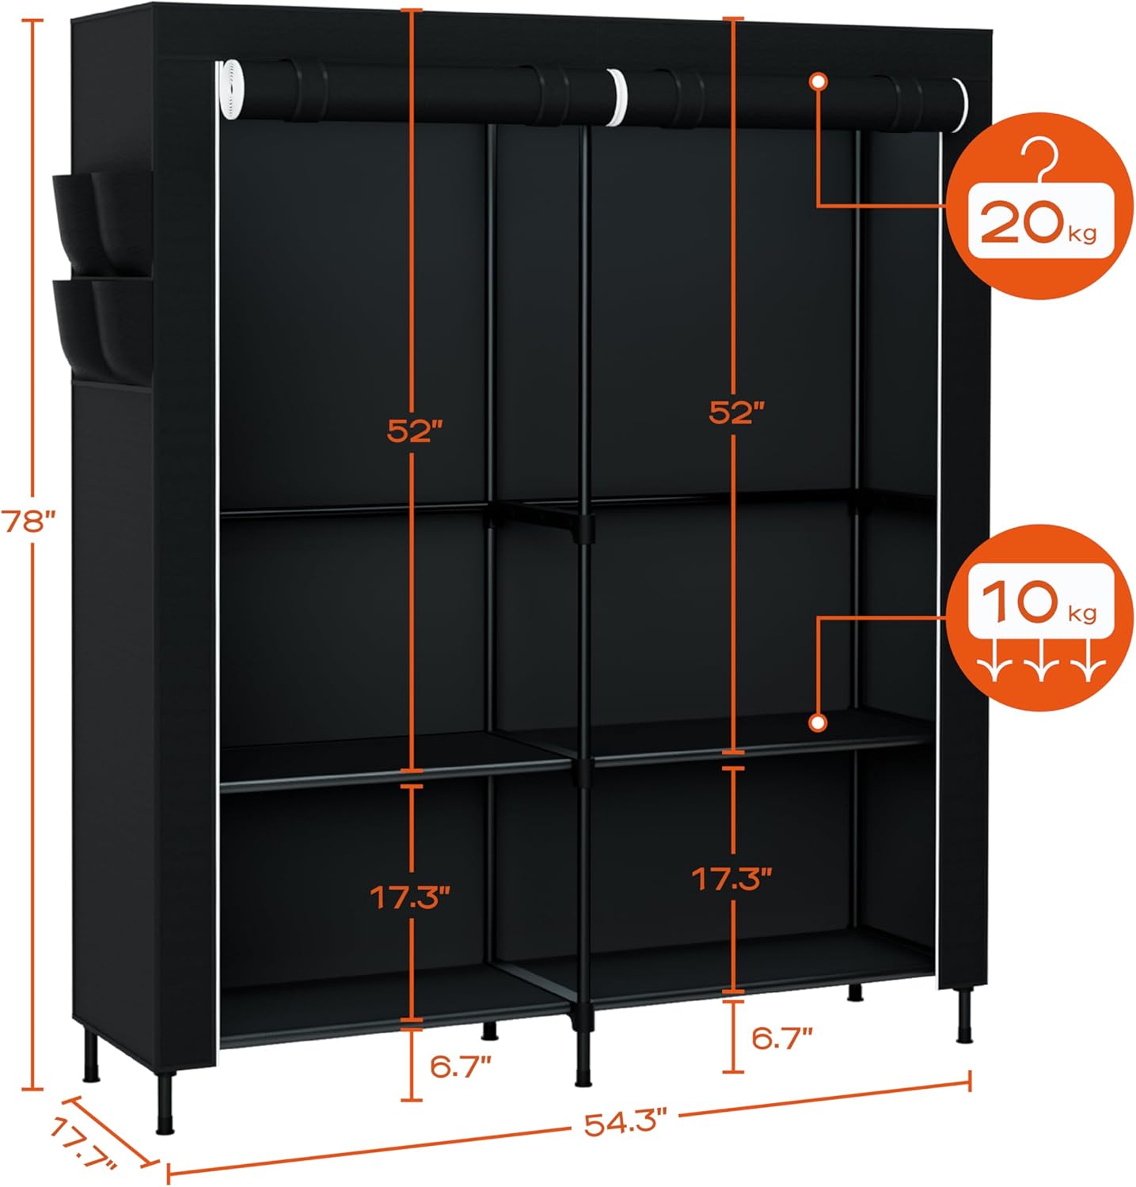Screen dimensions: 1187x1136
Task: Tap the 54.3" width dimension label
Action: click(x=626, y=1123)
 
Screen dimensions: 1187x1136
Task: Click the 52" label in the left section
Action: click(x=413, y=431)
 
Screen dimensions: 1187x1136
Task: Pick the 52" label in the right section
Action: click(x=736, y=412)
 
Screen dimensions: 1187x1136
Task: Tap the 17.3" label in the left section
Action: click(x=411, y=897)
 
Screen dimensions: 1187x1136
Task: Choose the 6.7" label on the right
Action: click(x=782, y=1038)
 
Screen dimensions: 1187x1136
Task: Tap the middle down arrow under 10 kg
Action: click(x=1039, y=668)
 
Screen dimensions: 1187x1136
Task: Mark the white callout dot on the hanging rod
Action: click(x=819, y=81)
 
